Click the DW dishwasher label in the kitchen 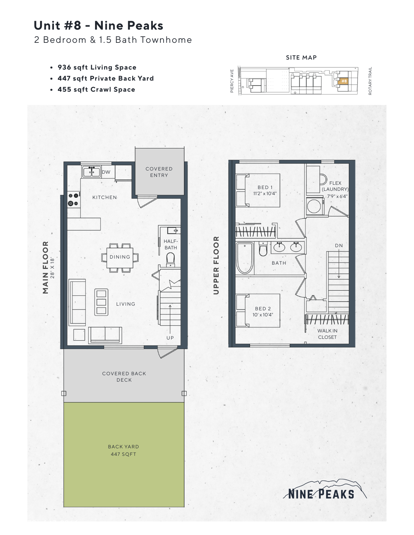pos(106,172)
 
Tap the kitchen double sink pos(91,172)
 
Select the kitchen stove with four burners pos(74,199)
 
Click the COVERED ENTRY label pos(159,172)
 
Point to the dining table pos(120,257)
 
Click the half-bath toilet pos(170,258)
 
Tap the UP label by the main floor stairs pos(170,338)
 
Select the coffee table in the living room pos(101,302)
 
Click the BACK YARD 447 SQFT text pos(124,450)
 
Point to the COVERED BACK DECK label pos(124,377)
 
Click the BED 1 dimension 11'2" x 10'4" pos(265,194)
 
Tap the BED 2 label pos(263,309)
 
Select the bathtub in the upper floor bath pos(245,258)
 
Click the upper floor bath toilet pos(263,249)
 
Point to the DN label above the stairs pos(339,245)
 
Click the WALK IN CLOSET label pos(327,334)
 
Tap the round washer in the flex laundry pos(314,206)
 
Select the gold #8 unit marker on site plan pos(344,81)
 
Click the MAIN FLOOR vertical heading pos(45,267)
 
